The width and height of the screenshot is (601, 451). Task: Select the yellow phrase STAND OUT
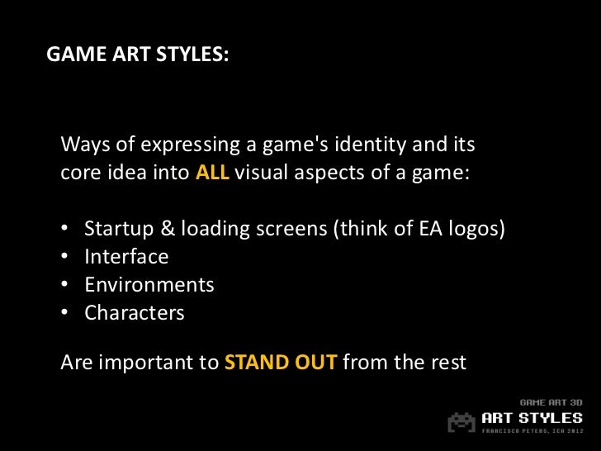[281, 363]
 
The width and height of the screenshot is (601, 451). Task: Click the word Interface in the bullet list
[126, 257]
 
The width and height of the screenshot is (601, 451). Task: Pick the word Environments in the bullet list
[149, 285]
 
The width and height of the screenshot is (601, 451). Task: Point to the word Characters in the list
[135, 313]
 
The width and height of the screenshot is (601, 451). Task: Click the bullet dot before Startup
[66, 229]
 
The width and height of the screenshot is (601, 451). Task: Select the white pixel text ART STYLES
[532, 417]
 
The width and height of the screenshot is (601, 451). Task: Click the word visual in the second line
[266, 174]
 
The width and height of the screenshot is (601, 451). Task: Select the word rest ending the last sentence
[449, 363]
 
